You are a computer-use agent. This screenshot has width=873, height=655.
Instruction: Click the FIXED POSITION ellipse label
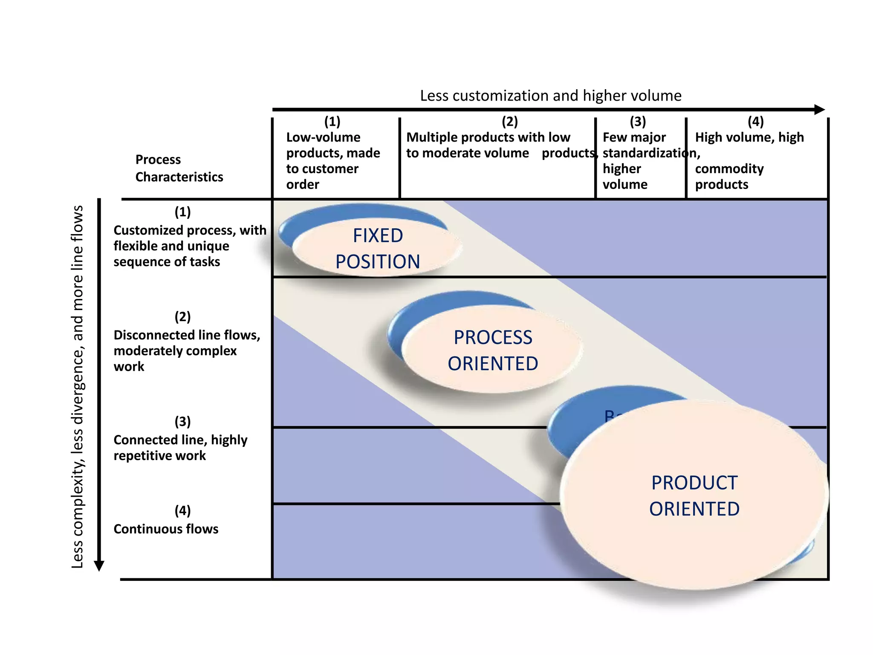(x=378, y=248)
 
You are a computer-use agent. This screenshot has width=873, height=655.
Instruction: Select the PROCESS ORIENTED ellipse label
(x=493, y=350)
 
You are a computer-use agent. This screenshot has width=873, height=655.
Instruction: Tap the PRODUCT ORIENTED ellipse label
(x=694, y=496)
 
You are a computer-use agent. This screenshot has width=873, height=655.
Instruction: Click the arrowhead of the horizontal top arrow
(x=819, y=110)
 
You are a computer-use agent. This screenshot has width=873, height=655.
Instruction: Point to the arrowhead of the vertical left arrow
(x=99, y=565)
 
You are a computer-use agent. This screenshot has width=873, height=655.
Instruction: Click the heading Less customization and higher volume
(x=550, y=96)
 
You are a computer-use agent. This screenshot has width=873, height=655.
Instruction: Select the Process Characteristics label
(x=179, y=168)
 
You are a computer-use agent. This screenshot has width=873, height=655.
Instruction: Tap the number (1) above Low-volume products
(x=332, y=122)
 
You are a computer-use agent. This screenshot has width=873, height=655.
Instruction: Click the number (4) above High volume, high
(x=755, y=122)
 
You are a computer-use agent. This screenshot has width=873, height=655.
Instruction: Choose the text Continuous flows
(x=166, y=529)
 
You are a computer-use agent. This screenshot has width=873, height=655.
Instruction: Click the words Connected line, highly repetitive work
(x=180, y=447)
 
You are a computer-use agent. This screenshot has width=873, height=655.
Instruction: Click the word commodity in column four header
(x=729, y=169)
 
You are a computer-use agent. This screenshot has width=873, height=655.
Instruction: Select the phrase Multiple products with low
(x=488, y=137)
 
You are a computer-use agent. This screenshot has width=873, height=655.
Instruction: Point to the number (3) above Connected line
(x=182, y=421)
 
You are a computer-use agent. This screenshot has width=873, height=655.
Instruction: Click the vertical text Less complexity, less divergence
(x=77, y=426)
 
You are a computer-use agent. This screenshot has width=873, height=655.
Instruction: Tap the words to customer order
(x=322, y=177)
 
